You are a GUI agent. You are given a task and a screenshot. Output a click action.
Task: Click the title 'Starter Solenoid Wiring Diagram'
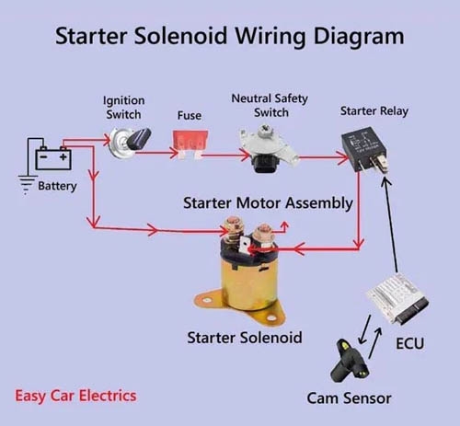click(x=229, y=37)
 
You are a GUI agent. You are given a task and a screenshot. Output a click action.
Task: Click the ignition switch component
click(x=126, y=143)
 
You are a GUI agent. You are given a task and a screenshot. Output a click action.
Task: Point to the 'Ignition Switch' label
click(x=122, y=107)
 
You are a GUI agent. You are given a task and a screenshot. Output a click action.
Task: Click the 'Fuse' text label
click(x=190, y=117)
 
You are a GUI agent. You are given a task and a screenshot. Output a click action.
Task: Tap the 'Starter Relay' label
click(x=374, y=111)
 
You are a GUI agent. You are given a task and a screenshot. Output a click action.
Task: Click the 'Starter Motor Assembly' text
click(x=268, y=202)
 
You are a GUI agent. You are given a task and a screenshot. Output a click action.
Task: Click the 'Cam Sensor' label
click(x=349, y=398)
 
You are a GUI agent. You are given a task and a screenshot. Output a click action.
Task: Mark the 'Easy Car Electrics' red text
click(x=75, y=396)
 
